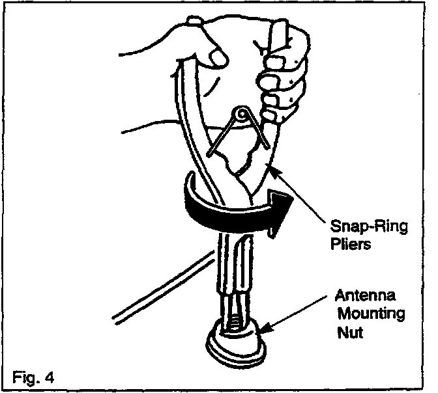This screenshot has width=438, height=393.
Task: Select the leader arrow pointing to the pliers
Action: coord(300,189)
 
